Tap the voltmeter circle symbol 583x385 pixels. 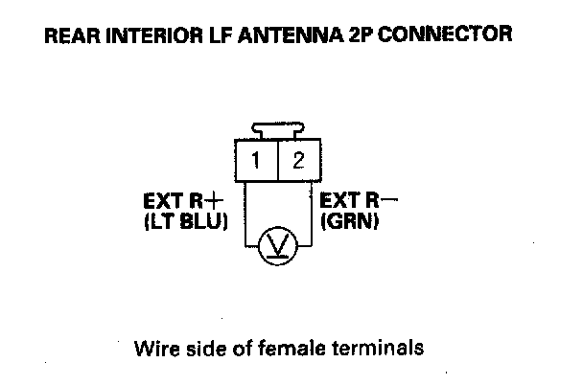277,248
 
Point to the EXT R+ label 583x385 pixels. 181,202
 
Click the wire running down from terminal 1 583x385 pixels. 247,215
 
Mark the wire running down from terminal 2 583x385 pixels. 308,215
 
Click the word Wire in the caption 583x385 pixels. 156,346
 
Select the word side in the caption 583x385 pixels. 208,346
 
